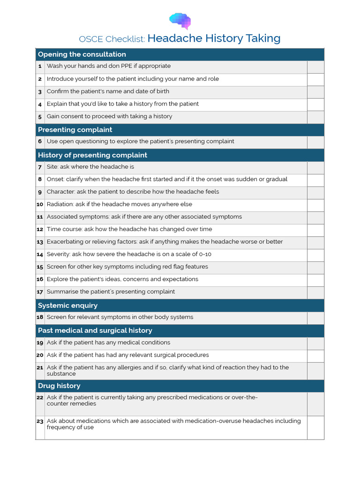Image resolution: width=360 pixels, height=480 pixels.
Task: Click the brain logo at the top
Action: (x=180, y=21)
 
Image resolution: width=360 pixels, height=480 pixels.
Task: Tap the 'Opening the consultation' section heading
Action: (x=82, y=54)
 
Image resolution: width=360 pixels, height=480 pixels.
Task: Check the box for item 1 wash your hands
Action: (x=315, y=67)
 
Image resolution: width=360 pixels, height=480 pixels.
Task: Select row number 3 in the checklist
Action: (x=40, y=92)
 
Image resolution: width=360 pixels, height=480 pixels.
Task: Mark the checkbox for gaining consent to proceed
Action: (x=315, y=117)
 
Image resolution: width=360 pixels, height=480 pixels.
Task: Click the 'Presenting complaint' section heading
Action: (x=75, y=130)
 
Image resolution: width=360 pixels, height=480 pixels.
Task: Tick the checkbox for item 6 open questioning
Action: (x=315, y=142)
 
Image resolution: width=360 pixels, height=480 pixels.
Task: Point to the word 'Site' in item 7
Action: (x=52, y=167)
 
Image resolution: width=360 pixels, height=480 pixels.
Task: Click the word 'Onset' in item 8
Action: (x=55, y=179)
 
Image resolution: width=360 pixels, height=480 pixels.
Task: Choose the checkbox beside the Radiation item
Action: (x=315, y=205)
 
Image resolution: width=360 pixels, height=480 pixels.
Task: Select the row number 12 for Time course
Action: (x=40, y=230)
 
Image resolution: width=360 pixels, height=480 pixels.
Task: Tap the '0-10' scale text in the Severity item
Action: (x=205, y=254)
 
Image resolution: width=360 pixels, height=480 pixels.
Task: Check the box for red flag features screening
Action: (x=315, y=267)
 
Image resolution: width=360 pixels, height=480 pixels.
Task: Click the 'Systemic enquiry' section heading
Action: (x=67, y=306)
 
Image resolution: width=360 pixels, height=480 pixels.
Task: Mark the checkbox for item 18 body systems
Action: (x=315, y=318)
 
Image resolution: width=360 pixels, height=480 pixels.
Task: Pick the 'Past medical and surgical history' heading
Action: (x=95, y=330)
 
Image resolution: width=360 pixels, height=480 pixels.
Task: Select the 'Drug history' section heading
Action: (x=59, y=386)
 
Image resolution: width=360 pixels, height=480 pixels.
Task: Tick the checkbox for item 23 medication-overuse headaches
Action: (x=315, y=427)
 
